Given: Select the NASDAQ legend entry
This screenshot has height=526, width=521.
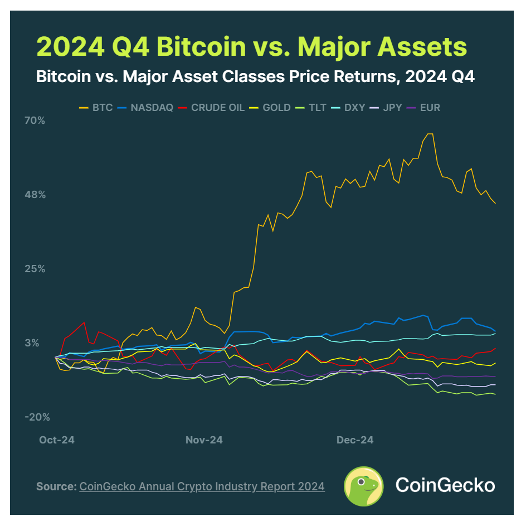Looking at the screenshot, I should pyautogui.click(x=146, y=107).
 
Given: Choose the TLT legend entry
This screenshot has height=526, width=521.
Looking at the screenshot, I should pyautogui.click(x=314, y=107).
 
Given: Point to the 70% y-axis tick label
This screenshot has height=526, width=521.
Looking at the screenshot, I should pyautogui.click(x=35, y=120).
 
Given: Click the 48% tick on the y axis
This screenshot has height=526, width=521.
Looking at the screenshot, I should pyautogui.click(x=35, y=195).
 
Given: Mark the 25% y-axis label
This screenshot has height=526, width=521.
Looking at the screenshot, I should pyautogui.click(x=35, y=269).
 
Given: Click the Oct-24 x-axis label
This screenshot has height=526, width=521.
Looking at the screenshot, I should pyautogui.click(x=57, y=440).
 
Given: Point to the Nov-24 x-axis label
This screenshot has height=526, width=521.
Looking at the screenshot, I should pyautogui.click(x=204, y=440).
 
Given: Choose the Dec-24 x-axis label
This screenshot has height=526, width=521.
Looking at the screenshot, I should pyautogui.click(x=355, y=440).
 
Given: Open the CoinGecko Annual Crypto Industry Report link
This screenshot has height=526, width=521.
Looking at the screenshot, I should pyautogui.click(x=202, y=486).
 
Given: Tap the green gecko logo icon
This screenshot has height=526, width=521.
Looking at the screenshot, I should pyautogui.click(x=363, y=485).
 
